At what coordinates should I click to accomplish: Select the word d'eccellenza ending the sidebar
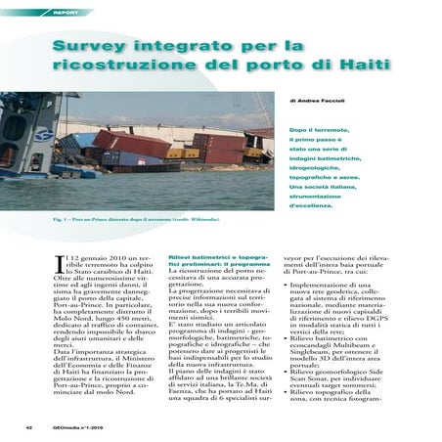314,207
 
